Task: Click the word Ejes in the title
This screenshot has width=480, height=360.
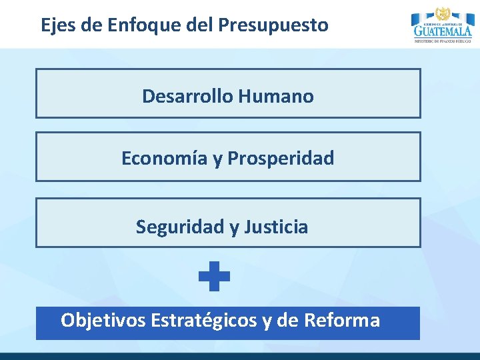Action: pyautogui.click(x=57, y=25)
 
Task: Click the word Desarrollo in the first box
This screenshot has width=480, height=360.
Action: pyautogui.click(x=187, y=96)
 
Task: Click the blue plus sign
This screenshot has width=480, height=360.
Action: pyautogui.click(x=214, y=276)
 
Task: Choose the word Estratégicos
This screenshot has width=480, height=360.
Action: pyautogui.click(x=204, y=321)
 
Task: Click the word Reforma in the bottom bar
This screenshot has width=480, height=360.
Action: pyautogui.click(x=341, y=321)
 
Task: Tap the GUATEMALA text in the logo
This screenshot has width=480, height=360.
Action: pyautogui.click(x=442, y=31)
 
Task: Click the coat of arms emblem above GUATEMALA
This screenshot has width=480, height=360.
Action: pyautogui.click(x=442, y=13)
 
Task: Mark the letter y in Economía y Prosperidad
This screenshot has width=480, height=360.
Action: pyautogui.click(x=217, y=160)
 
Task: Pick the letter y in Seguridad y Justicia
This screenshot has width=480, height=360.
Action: pyautogui.click(x=233, y=228)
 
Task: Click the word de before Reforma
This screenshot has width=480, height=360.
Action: pyautogui.click(x=287, y=321)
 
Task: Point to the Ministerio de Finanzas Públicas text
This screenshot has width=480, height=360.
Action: pyautogui.click(x=442, y=41)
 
